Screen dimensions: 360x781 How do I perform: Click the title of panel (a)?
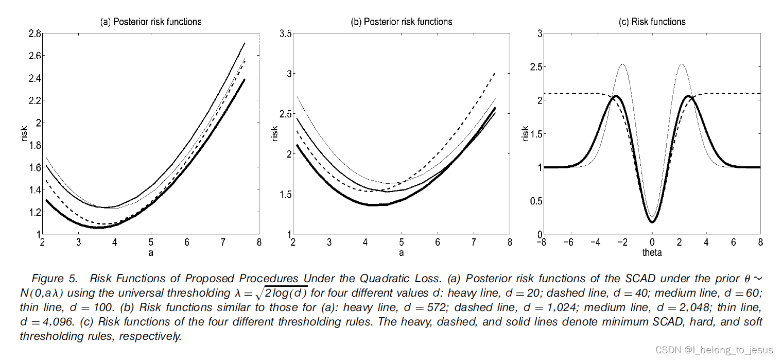click(150, 22)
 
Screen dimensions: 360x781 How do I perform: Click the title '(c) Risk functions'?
click(652, 22)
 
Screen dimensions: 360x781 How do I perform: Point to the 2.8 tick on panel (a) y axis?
click(34, 33)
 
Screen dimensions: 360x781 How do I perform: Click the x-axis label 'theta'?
click(652, 252)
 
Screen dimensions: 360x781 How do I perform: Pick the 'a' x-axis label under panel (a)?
click(151, 252)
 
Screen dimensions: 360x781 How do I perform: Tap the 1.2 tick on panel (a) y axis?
click(34, 212)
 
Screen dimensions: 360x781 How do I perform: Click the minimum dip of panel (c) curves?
click(652, 221)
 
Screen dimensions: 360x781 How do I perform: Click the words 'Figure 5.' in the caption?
click(55, 279)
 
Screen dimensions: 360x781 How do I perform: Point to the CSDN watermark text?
click(714, 350)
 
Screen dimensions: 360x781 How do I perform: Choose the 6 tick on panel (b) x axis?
click(438, 243)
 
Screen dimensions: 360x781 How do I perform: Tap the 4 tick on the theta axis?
click(706, 243)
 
